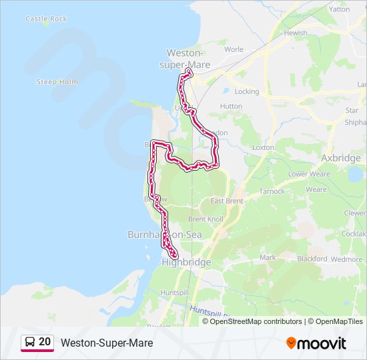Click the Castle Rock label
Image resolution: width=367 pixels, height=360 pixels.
(46, 19)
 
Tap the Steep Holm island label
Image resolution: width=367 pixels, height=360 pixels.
(57, 82)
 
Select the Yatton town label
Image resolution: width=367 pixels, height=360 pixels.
(339, 9)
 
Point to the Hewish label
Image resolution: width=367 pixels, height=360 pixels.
(295, 33)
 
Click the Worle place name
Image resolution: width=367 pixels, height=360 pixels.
(234, 49)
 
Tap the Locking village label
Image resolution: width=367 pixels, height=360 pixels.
(247, 91)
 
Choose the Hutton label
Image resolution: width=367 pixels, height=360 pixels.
(231, 106)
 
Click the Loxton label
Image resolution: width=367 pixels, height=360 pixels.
(263, 147)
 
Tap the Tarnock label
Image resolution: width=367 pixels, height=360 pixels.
(272, 191)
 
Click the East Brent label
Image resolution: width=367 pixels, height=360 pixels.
(226, 201)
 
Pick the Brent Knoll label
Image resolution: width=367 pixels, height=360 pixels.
(206, 219)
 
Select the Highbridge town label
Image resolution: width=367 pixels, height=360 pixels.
(186, 263)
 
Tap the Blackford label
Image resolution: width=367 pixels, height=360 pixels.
(312, 259)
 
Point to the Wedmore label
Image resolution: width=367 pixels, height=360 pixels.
(348, 259)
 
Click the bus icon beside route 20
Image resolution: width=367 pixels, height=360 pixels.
(30, 343)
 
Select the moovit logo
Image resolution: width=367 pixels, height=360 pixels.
(316, 343)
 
